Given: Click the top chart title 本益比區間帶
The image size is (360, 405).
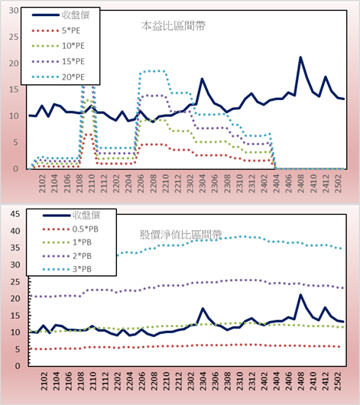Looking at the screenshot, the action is click(174, 26).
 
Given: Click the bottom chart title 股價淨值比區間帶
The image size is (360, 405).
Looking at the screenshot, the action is click(180, 235).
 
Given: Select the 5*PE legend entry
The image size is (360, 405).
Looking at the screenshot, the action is click(56, 31).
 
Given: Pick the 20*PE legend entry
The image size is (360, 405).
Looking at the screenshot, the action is click(57, 77).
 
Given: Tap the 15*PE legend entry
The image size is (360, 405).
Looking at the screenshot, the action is click(57, 61).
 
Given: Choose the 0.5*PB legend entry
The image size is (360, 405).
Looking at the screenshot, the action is click(70, 229).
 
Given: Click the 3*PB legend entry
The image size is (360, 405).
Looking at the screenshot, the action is click(67, 269).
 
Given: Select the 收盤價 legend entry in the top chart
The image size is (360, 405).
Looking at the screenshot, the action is click(60, 15).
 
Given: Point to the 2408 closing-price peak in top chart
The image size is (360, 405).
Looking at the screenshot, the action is click(300, 57).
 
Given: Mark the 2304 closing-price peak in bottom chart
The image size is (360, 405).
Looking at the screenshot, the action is click(203, 309).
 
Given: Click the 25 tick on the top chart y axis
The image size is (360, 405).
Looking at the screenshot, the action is click(14, 37).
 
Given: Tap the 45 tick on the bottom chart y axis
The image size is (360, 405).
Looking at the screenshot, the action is click(15, 214).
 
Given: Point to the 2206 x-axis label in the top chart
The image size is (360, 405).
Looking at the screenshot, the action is click(141, 183).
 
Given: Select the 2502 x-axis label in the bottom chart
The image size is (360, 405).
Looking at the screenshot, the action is click(338, 381).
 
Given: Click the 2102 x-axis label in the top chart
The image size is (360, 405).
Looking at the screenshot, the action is click(42, 183).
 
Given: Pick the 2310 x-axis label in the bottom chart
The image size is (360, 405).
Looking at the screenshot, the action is click(239, 381).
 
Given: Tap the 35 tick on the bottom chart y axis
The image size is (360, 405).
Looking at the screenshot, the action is click(15, 248).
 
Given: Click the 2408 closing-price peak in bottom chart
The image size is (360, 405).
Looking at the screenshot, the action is click(300, 295).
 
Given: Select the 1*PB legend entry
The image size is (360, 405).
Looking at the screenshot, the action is click(67, 242).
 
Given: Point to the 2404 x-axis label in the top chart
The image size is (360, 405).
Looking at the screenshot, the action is click(276, 183).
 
